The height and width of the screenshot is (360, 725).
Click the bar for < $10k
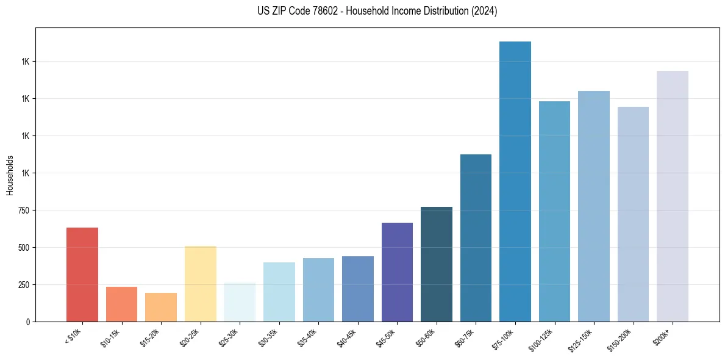coord(82,275)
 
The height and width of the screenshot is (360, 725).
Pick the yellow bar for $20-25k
coord(200,284)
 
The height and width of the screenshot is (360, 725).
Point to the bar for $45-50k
coord(397,272)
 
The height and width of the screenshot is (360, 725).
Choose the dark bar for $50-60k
coord(437,264)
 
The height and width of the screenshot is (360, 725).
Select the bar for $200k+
coord(673,196)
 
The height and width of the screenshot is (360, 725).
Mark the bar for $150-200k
coord(633,214)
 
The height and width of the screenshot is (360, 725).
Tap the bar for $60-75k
coord(476,238)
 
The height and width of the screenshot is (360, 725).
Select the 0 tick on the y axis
coord(29,322)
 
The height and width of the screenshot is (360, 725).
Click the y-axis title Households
coord(10,175)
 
